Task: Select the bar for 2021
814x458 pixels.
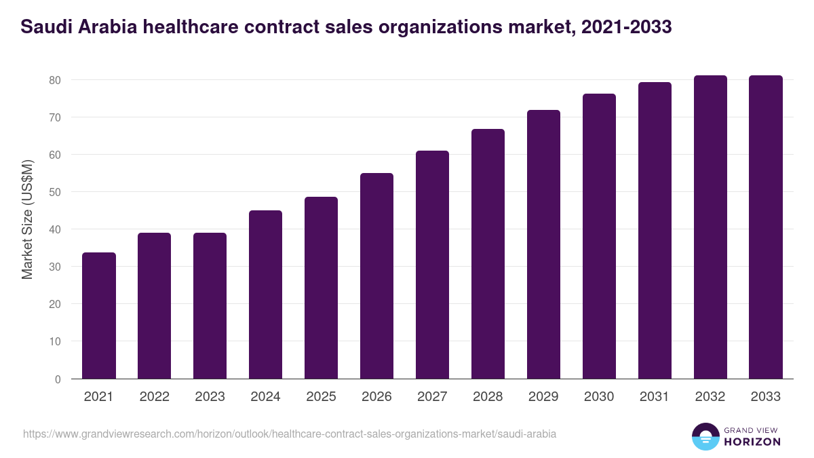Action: tap(99, 316)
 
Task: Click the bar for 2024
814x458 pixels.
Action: tap(265, 294)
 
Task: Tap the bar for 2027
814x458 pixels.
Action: tap(432, 265)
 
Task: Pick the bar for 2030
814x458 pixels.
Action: tap(599, 236)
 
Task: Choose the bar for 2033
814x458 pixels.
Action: tap(766, 227)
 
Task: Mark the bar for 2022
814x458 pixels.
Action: tap(154, 305)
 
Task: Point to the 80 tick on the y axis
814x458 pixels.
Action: tap(55, 80)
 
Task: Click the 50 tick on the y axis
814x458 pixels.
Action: tap(55, 192)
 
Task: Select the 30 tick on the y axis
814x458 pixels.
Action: tap(55, 267)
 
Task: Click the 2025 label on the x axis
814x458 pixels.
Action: tap(321, 397)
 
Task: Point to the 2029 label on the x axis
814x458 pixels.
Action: tap(543, 397)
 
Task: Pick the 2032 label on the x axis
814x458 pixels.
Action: tap(710, 397)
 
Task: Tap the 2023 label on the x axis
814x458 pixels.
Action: tap(210, 397)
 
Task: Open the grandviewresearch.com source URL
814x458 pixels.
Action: tap(290, 434)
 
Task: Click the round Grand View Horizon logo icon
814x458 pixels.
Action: tap(705, 437)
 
